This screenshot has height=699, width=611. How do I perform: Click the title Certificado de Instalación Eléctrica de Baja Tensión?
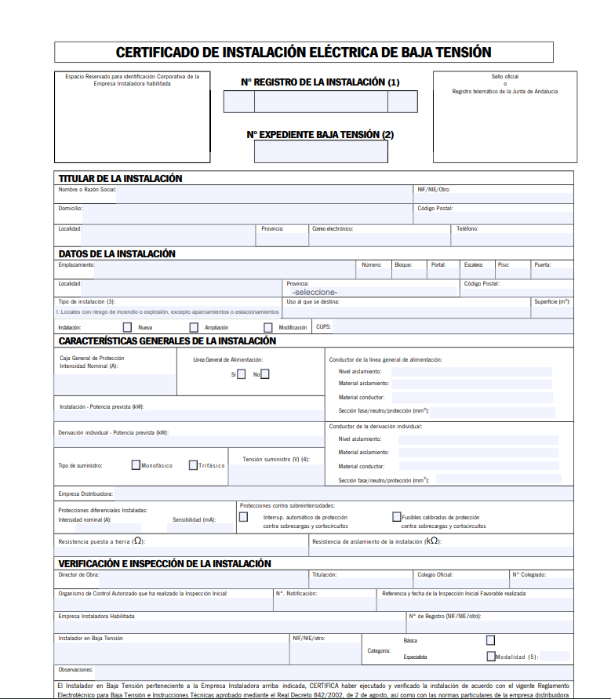304,53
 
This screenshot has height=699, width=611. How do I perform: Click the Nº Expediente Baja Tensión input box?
321,151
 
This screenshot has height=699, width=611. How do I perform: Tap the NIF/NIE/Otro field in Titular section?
494,197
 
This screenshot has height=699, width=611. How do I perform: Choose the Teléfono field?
514,238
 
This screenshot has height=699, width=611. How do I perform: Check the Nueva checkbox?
128,327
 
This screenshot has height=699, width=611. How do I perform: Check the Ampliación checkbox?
194,327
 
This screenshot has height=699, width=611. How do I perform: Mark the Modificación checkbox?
268,327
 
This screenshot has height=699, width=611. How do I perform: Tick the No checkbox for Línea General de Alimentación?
265,374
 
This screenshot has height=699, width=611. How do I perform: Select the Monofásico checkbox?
136,465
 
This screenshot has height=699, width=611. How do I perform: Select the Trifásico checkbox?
193,465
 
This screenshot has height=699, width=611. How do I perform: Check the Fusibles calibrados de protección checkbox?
396,517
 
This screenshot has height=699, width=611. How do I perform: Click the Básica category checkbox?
491,640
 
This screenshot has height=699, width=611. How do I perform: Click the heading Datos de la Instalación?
117,253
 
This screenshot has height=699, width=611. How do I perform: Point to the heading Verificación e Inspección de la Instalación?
165,563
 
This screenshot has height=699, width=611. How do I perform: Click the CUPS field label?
323,327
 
